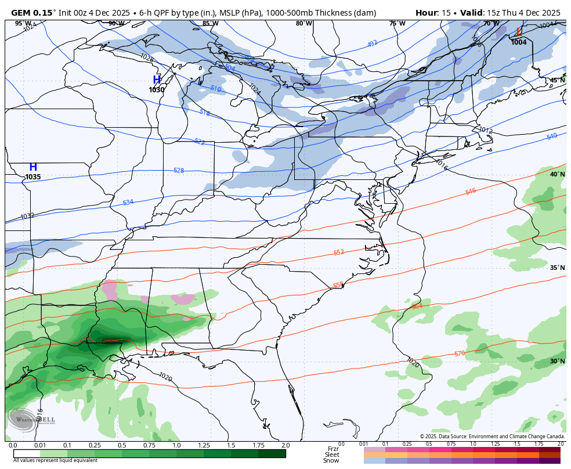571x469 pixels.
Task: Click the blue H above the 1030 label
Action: (157, 80)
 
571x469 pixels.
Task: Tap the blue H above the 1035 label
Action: (33, 167)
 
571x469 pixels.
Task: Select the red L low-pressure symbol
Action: (519, 33)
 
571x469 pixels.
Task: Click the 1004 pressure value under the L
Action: (519, 42)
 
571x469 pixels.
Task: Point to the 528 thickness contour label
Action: (179, 170)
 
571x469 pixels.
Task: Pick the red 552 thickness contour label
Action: (339, 252)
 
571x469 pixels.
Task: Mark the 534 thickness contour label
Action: (128, 202)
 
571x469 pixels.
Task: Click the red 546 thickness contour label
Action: (471, 191)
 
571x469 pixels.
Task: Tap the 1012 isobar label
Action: (485, 131)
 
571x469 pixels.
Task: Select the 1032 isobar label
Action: (27, 216)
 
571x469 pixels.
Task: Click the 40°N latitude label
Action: (557, 174)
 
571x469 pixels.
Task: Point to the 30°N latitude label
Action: (557, 361)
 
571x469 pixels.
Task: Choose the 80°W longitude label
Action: (303, 23)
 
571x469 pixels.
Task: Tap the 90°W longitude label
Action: (116, 23)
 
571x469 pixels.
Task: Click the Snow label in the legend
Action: (331, 461)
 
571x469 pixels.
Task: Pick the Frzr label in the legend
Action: (333, 449)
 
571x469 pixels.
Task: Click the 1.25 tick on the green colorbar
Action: (204, 445)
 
